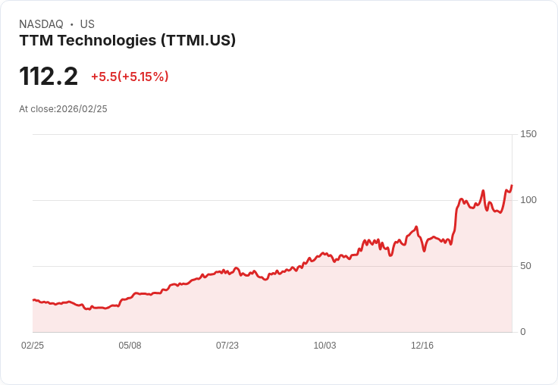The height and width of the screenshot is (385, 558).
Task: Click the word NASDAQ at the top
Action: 41,24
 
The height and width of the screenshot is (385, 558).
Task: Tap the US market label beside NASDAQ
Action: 87,24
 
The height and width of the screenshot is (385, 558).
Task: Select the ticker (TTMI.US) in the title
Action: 199,40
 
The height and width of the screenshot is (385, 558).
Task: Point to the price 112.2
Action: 49,77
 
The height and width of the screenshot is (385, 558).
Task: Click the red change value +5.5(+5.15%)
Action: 130,77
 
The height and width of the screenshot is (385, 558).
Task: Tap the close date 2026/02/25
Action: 82,109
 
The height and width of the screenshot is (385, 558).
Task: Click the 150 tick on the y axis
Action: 528,134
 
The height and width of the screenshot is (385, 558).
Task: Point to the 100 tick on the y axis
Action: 528,200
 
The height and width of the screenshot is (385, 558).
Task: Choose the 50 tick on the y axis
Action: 526,266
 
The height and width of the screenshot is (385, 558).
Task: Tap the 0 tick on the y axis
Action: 523,332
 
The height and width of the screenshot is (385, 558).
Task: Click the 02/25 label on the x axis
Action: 33,346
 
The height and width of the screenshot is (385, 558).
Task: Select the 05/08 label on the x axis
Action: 130,346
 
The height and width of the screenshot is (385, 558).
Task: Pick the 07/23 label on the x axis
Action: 227,346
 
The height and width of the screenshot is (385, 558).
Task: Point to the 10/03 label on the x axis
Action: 324,346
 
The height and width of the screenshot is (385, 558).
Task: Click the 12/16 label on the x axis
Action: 422,346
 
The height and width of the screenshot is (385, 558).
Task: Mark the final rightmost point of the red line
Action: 512,186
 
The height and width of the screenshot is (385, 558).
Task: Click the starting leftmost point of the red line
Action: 33,300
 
